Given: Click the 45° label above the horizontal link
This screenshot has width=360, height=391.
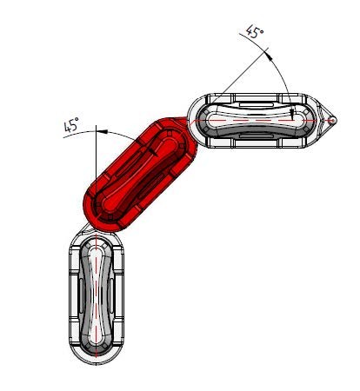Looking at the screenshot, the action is pos(255,31).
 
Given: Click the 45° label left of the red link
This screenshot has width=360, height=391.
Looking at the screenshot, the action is pos(71,124).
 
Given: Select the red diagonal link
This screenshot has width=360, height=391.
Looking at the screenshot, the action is pos(140,175).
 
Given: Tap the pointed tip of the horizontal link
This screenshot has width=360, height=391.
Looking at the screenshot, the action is pos(337,120).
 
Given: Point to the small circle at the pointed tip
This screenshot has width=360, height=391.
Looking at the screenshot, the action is pos(332,120).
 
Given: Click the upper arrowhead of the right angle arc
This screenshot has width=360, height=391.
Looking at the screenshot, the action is pos(270,56).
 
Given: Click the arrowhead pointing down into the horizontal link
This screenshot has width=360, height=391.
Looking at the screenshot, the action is pos(293,116).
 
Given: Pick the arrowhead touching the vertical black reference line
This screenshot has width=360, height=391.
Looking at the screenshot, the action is pos(102,132).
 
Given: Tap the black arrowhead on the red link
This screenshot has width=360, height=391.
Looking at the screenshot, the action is pos(153,152).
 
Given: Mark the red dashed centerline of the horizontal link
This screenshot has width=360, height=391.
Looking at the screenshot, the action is pos(263,120).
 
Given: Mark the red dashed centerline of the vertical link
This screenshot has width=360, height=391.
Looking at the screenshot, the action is pos(96,294).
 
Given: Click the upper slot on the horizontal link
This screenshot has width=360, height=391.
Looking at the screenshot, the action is pos(257,104).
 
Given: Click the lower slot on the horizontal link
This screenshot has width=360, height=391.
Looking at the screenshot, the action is pos(257,136).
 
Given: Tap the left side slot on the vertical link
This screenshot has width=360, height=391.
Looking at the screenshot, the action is pos(81,295).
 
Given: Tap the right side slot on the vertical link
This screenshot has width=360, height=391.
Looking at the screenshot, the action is pos(111,295).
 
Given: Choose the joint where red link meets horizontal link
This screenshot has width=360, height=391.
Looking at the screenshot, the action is pos(191,123).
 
